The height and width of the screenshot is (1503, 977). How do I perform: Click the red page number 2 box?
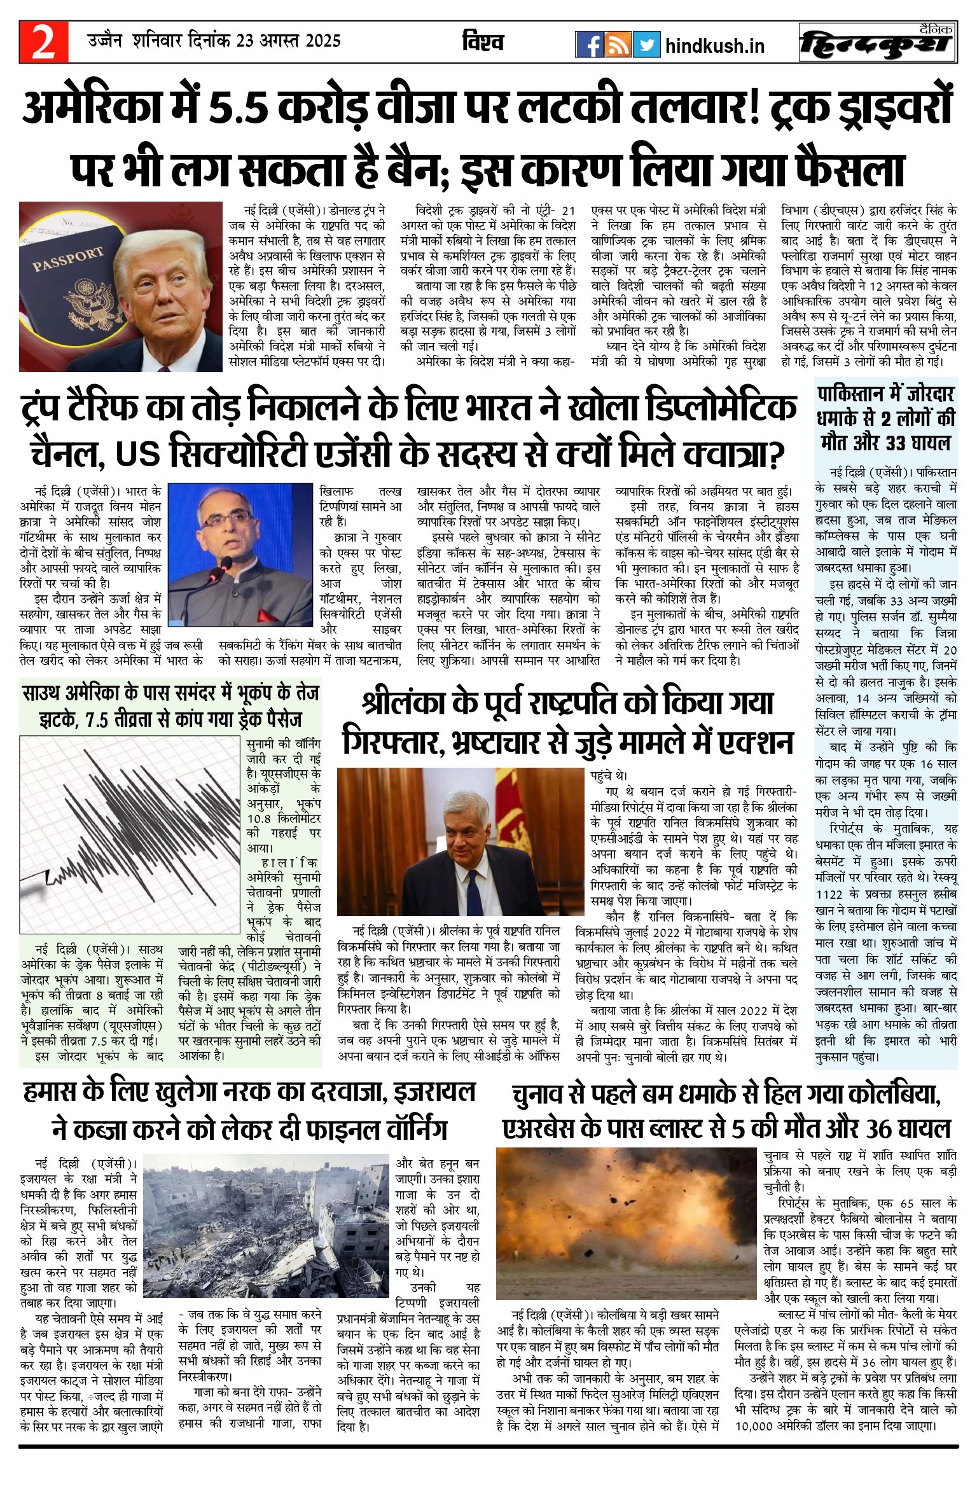click(43, 43)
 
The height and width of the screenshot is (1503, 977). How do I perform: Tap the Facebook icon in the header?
click(589, 45)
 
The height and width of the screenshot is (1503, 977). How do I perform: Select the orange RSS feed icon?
click(618, 45)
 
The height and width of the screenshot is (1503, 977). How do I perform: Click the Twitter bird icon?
click(646, 45)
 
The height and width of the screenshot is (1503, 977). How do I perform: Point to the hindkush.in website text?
click(714, 46)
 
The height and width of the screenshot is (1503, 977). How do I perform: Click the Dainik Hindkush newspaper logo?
click(878, 43)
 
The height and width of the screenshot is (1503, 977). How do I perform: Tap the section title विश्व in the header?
click(483, 42)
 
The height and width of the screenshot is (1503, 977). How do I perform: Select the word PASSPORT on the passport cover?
click(67, 259)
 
